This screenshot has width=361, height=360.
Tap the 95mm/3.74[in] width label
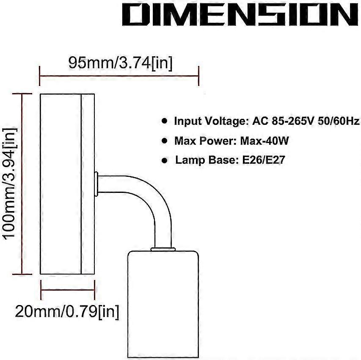click(x=121, y=63)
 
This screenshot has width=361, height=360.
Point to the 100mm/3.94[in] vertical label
click(x=10, y=184)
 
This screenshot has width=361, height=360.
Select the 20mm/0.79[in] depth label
click(x=67, y=312)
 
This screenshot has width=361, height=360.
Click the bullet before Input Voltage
click(x=164, y=121)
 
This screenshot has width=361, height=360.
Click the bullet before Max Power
click(x=164, y=140)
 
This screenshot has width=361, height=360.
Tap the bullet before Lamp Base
click(x=164, y=160)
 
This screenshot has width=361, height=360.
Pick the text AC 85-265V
click(x=283, y=121)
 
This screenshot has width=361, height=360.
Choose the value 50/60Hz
click(x=339, y=121)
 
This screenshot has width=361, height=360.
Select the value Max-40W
click(x=265, y=140)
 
